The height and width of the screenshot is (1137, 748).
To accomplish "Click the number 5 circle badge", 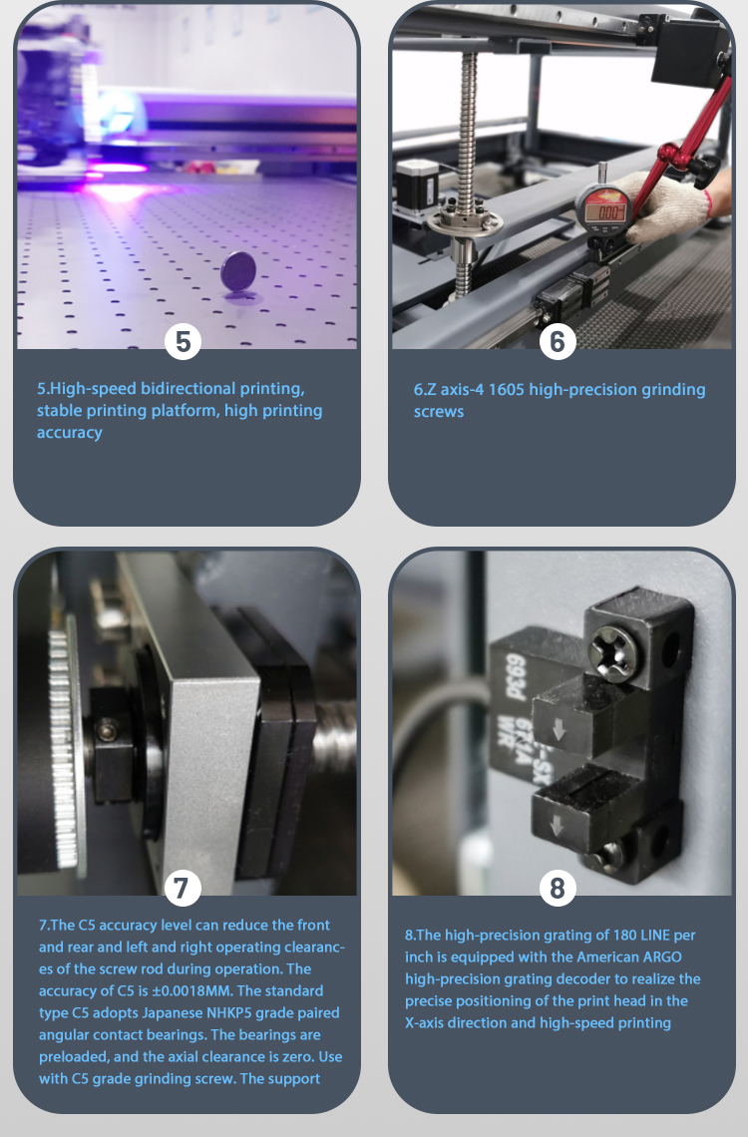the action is [x=183, y=341].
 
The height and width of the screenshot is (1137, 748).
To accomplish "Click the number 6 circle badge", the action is [x=558, y=341].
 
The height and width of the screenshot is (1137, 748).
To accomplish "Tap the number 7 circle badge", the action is [x=182, y=888].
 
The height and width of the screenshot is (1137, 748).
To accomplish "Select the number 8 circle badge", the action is [x=558, y=888].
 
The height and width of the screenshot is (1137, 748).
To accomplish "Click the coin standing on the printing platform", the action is [x=237, y=271].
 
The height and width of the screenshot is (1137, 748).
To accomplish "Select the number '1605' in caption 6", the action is [x=506, y=389].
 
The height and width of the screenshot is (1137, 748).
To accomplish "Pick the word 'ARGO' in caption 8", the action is [x=662, y=957].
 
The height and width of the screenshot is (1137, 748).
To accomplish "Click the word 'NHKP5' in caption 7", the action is [x=234, y=1013].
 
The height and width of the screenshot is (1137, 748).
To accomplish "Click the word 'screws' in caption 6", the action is [x=439, y=412].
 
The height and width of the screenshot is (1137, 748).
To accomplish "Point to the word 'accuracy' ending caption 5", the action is [x=70, y=433].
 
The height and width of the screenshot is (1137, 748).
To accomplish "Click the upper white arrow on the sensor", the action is [x=559, y=730].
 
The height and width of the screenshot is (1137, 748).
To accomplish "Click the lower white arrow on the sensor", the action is [x=557, y=825].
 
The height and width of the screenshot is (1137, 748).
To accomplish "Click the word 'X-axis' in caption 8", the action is [x=426, y=1023].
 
